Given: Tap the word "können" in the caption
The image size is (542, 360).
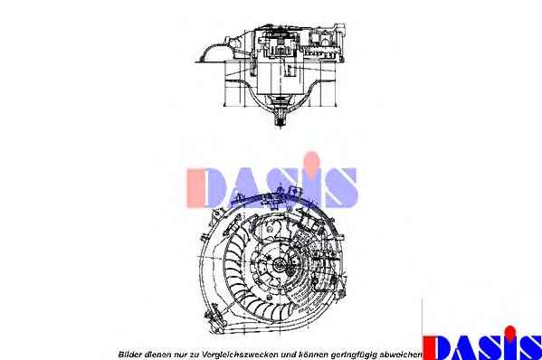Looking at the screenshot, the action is coord(315,355).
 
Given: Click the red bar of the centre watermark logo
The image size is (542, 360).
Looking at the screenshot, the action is coord(195,188).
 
